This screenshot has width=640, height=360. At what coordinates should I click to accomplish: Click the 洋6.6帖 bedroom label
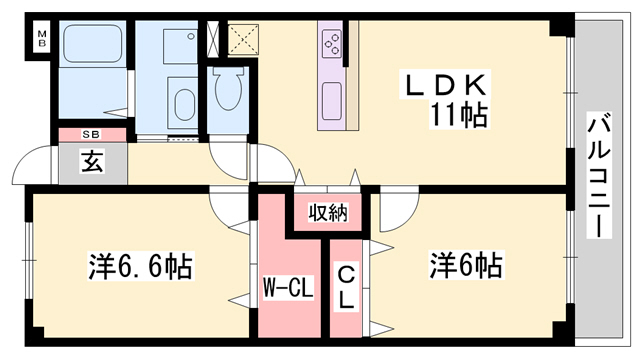(139, 267)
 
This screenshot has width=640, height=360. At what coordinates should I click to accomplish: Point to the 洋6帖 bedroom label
(466, 266)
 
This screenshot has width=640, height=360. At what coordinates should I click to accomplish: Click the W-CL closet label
(289, 291)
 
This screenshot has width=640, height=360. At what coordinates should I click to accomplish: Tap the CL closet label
(345, 287)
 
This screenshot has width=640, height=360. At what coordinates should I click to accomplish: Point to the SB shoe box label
(91, 134)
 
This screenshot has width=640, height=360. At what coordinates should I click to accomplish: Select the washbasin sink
(184, 105)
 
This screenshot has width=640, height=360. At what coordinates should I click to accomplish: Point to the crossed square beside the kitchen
(242, 40)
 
